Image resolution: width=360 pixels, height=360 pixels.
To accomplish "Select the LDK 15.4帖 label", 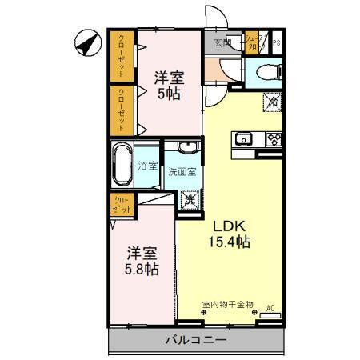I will (x=230, y=232).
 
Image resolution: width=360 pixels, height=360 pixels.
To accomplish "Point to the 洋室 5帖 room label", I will (x=170, y=85).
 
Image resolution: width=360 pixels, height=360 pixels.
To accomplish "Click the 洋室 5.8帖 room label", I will (x=141, y=260).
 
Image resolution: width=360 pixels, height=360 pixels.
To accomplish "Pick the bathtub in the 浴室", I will (x=122, y=165).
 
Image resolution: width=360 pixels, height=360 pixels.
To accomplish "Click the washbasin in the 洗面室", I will (x=189, y=147).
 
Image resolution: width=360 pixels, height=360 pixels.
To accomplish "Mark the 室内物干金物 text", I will (x=227, y=304).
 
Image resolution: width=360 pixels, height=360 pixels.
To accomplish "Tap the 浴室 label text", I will (x=147, y=166).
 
